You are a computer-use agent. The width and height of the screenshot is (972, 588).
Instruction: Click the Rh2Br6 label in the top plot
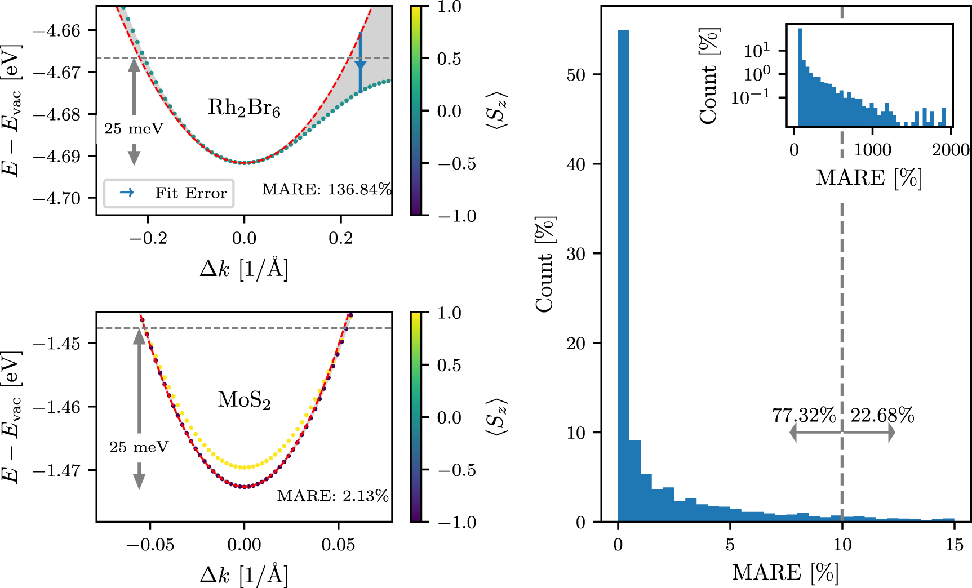tap(244, 107)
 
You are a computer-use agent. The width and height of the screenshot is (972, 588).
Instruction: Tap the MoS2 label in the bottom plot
tap(244, 400)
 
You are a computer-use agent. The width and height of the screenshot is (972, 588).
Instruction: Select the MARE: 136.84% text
tap(327, 189)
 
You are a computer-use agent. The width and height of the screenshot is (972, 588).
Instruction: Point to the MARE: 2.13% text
tap(332, 496)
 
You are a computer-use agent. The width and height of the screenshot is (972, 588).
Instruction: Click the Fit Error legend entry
tap(169, 193)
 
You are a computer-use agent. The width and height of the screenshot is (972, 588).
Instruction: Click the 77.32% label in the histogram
tap(804, 416)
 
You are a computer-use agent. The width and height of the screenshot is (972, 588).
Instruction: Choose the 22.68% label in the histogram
tap(882, 416)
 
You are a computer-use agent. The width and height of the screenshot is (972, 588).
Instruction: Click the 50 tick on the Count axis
tap(576, 75)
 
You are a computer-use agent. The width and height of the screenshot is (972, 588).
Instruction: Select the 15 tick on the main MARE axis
tap(955, 545)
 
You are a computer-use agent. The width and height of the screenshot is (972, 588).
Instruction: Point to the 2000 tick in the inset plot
tap(951, 150)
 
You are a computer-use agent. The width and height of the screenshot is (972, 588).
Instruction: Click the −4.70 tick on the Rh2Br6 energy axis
tap(57, 198)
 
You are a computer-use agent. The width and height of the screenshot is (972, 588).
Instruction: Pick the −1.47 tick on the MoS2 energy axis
tap(57, 470)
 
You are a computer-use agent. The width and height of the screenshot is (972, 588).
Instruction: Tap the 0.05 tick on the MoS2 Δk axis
tap(338, 545)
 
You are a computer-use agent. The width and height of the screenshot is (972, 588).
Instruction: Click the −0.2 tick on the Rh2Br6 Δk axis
tap(148, 238)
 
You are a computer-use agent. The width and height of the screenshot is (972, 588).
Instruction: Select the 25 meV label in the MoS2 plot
tap(139, 447)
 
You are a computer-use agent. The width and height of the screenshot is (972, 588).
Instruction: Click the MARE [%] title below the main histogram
tap(785, 573)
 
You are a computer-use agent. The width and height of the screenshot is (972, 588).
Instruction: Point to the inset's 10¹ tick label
tap(756, 51)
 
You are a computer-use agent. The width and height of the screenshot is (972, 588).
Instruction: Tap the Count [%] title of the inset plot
tap(709, 76)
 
